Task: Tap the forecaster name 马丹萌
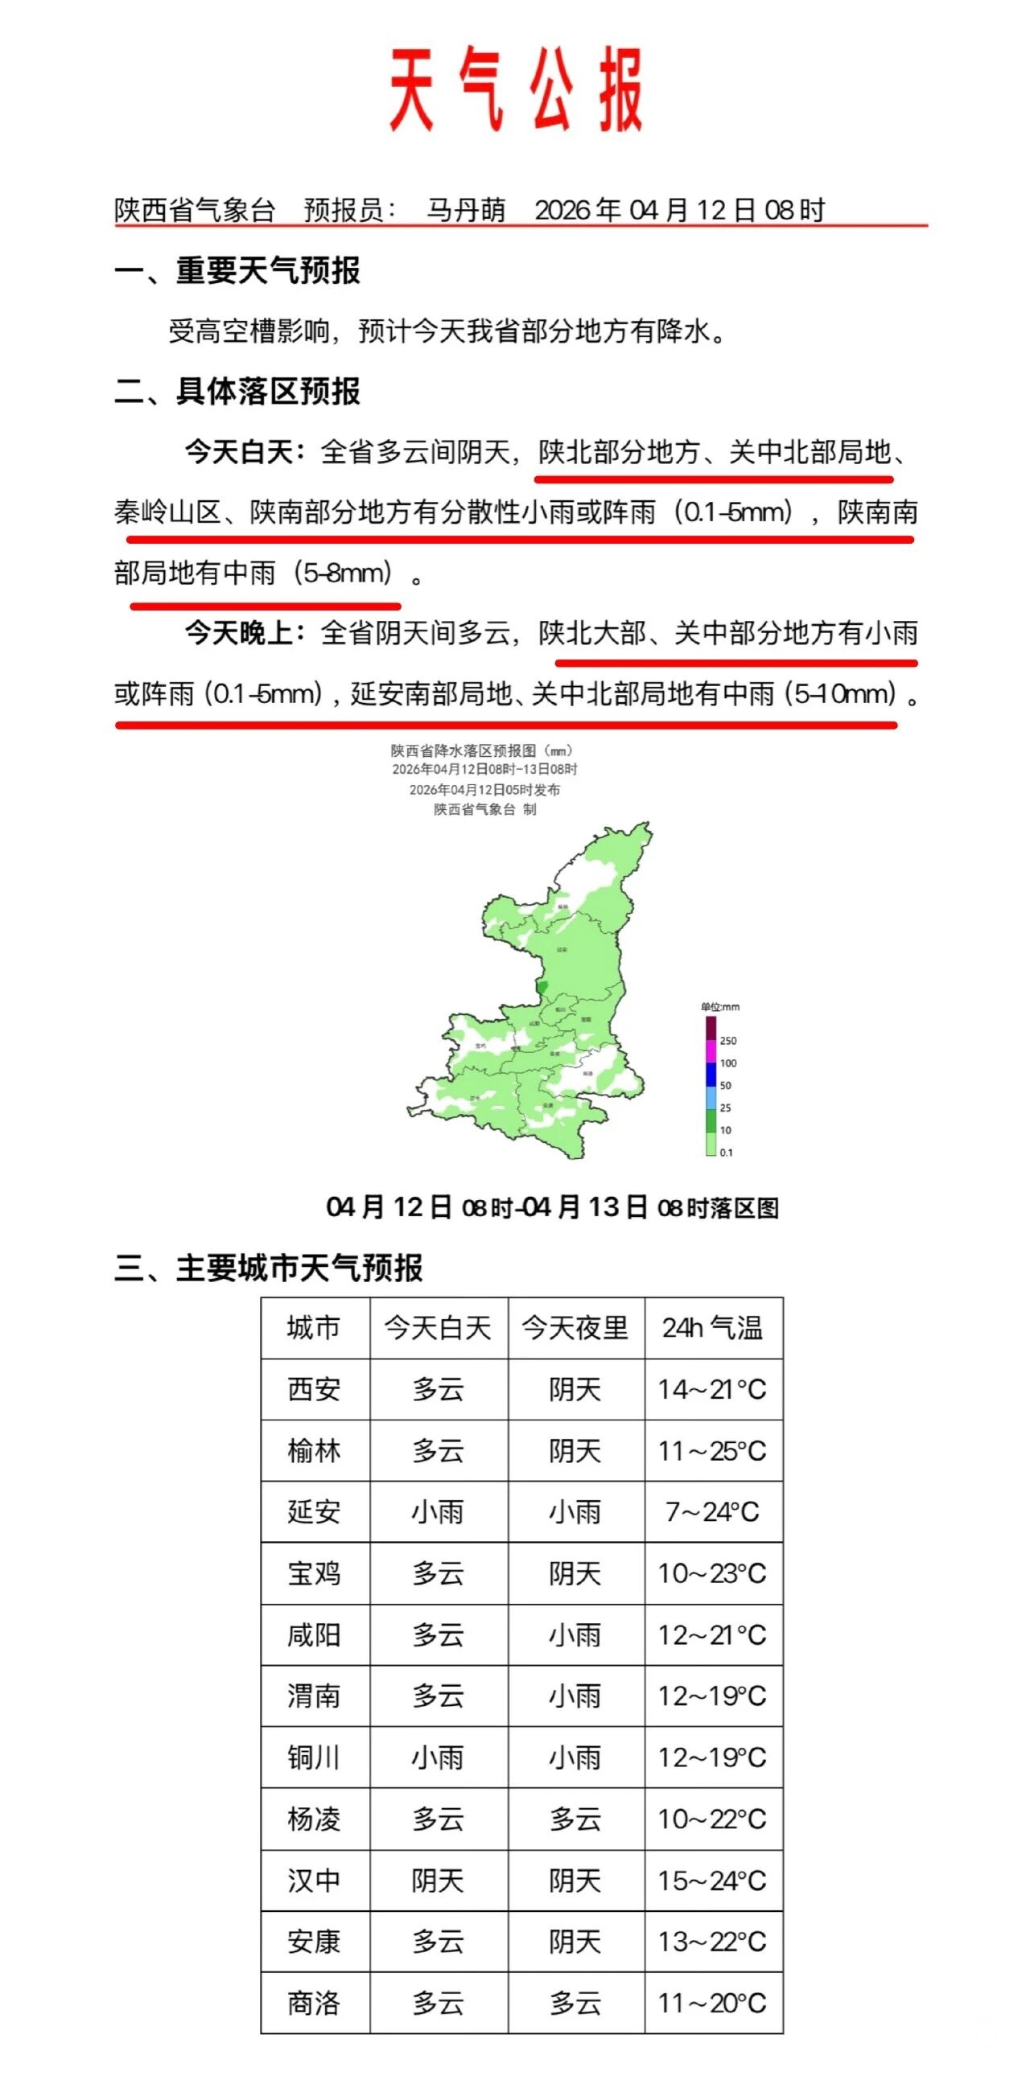click(x=466, y=211)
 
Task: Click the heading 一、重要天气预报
click(x=237, y=271)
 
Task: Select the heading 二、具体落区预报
click(x=237, y=392)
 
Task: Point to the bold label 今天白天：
click(x=245, y=452)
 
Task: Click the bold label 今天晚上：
click(x=245, y=634)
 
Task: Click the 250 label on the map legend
click(x=728, y=1041)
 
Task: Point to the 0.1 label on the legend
click(x=727, y=1153)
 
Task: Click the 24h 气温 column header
click(x=712, y=1328)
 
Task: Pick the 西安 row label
click(x=315, y=1389)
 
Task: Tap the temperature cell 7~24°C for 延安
click(x=712, y=1512)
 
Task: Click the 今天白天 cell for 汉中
click(x=438, y=1881)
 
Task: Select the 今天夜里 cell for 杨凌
click(x=575, y=1819)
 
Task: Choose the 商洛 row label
click(x=315, y=2004)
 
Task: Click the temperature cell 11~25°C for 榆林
click(x=712, y=1450)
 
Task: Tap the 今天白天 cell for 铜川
click(x=438, y=1757)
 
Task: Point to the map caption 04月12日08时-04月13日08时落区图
click(x=552, y=1207)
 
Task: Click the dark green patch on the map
click(x=542, y=986)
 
